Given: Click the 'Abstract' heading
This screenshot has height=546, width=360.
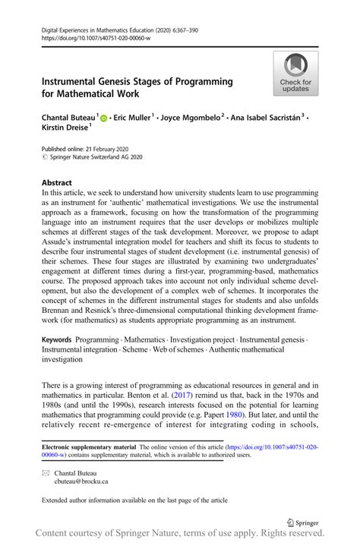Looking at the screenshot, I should pos(58,183).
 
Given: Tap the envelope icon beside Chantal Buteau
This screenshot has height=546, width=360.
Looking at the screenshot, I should pos(47,472).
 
